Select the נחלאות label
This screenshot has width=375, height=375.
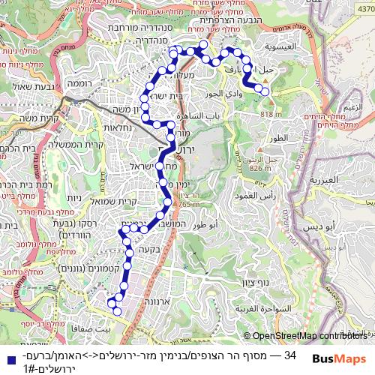[x=118, y=127]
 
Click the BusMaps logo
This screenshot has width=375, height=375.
[x=340, y=359]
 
